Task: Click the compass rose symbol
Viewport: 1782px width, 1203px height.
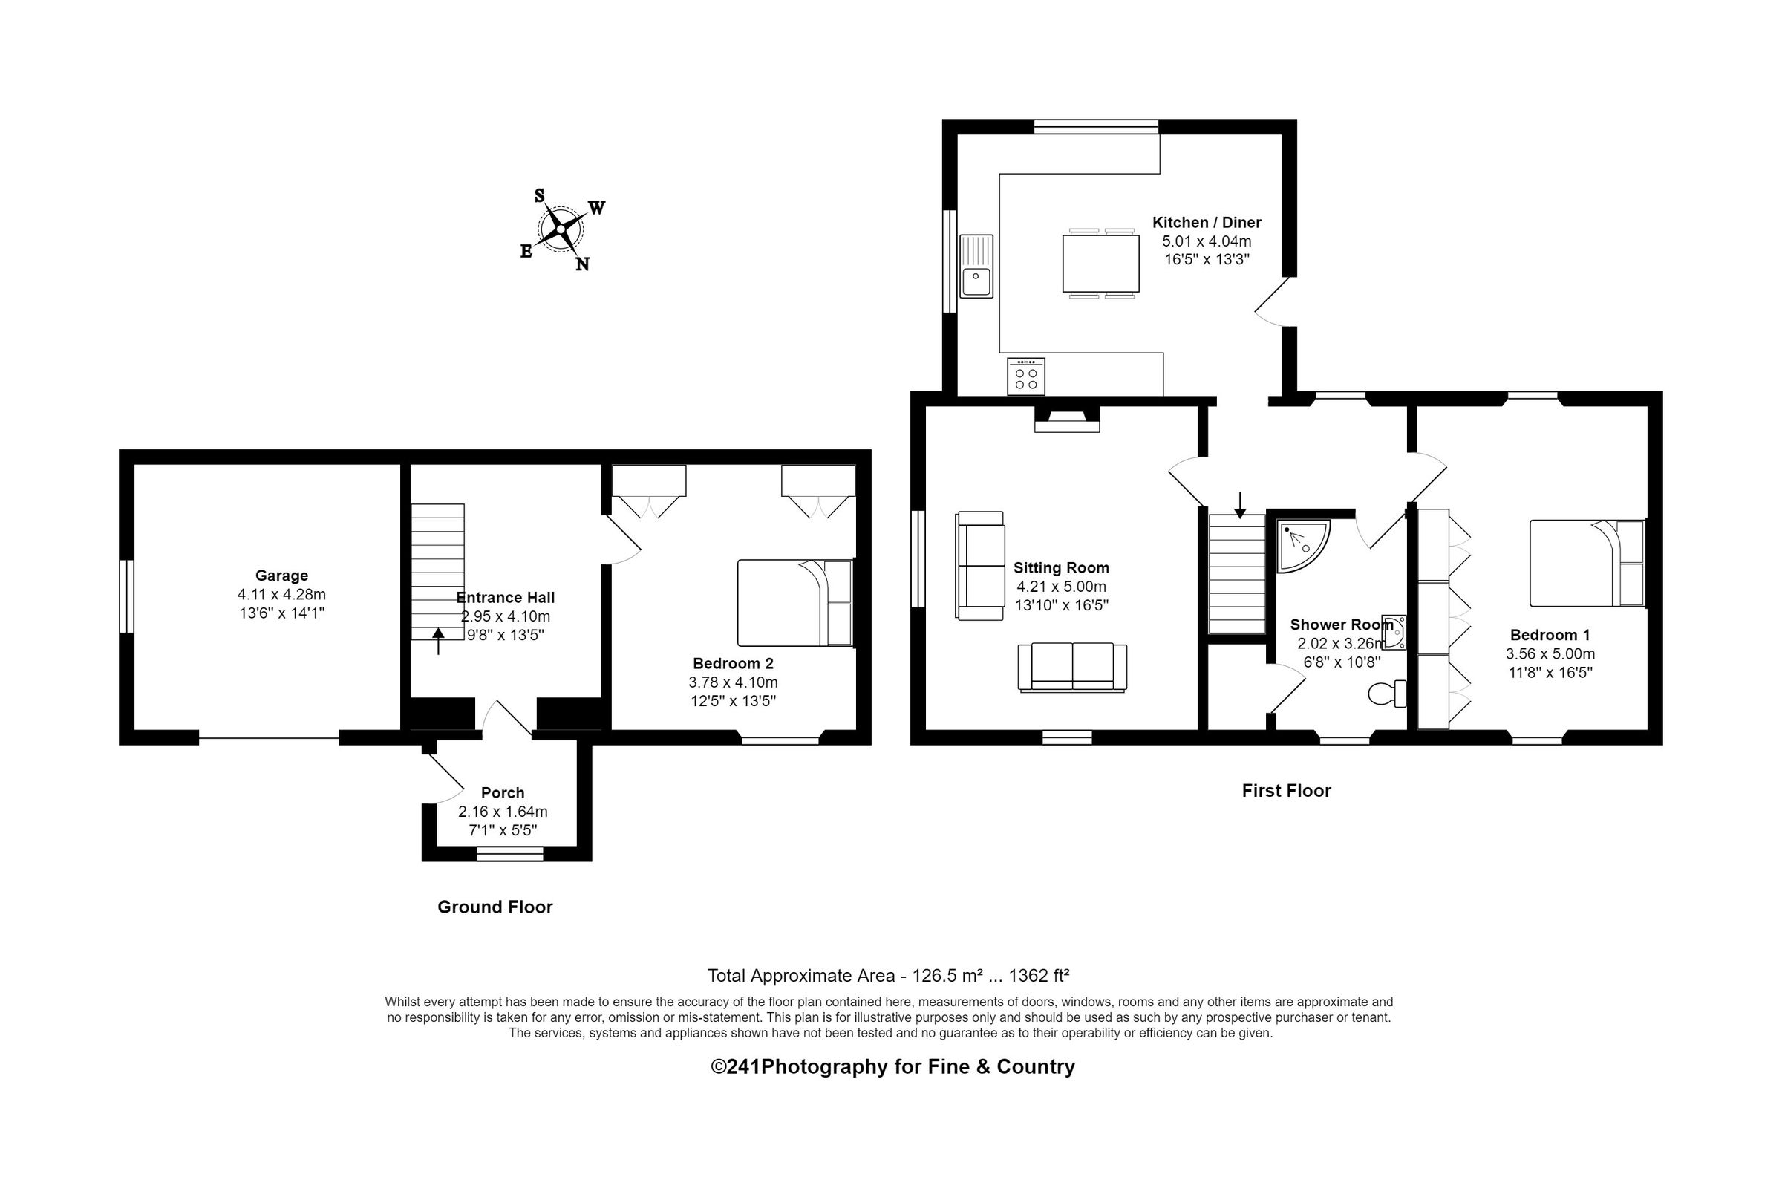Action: click(x=561, y=229)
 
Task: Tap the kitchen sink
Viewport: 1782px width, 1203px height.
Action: click(x=976, y=266)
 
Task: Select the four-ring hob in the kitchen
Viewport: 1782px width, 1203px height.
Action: click(x=1026, y=376)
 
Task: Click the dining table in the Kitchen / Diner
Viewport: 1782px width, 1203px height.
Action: click(x=1100, y=264)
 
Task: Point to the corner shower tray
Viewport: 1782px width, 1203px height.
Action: click(x=1300, y=545)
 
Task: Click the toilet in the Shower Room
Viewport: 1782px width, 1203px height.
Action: click(x=1386, y=693)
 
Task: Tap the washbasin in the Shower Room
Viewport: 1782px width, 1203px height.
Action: click(x=1393, y=633)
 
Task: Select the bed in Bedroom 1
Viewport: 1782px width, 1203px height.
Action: click(x=1587, y=564)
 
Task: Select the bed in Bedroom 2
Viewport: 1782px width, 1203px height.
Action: click(x=795, y=603)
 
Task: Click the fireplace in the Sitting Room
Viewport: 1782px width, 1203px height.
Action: click(x=1066, y=419)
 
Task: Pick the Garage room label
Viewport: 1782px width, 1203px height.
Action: click(x=281, y=575)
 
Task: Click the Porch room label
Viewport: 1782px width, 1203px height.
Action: click(x=502, y=793)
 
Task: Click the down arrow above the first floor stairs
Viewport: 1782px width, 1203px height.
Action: click(x=1240, y=504)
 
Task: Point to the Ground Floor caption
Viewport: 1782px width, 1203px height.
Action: click(x=495, y=907)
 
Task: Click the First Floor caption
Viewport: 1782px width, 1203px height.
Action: click(x=1286, y=791)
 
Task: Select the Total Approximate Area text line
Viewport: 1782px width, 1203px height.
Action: click(x=887, y=975)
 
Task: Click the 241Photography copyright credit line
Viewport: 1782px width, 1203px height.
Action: click(x=892, y=1066)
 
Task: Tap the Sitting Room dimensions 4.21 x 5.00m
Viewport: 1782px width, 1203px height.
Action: click(x=1060, y=587)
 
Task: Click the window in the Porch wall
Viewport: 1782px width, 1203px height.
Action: click(x=510, y=853)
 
